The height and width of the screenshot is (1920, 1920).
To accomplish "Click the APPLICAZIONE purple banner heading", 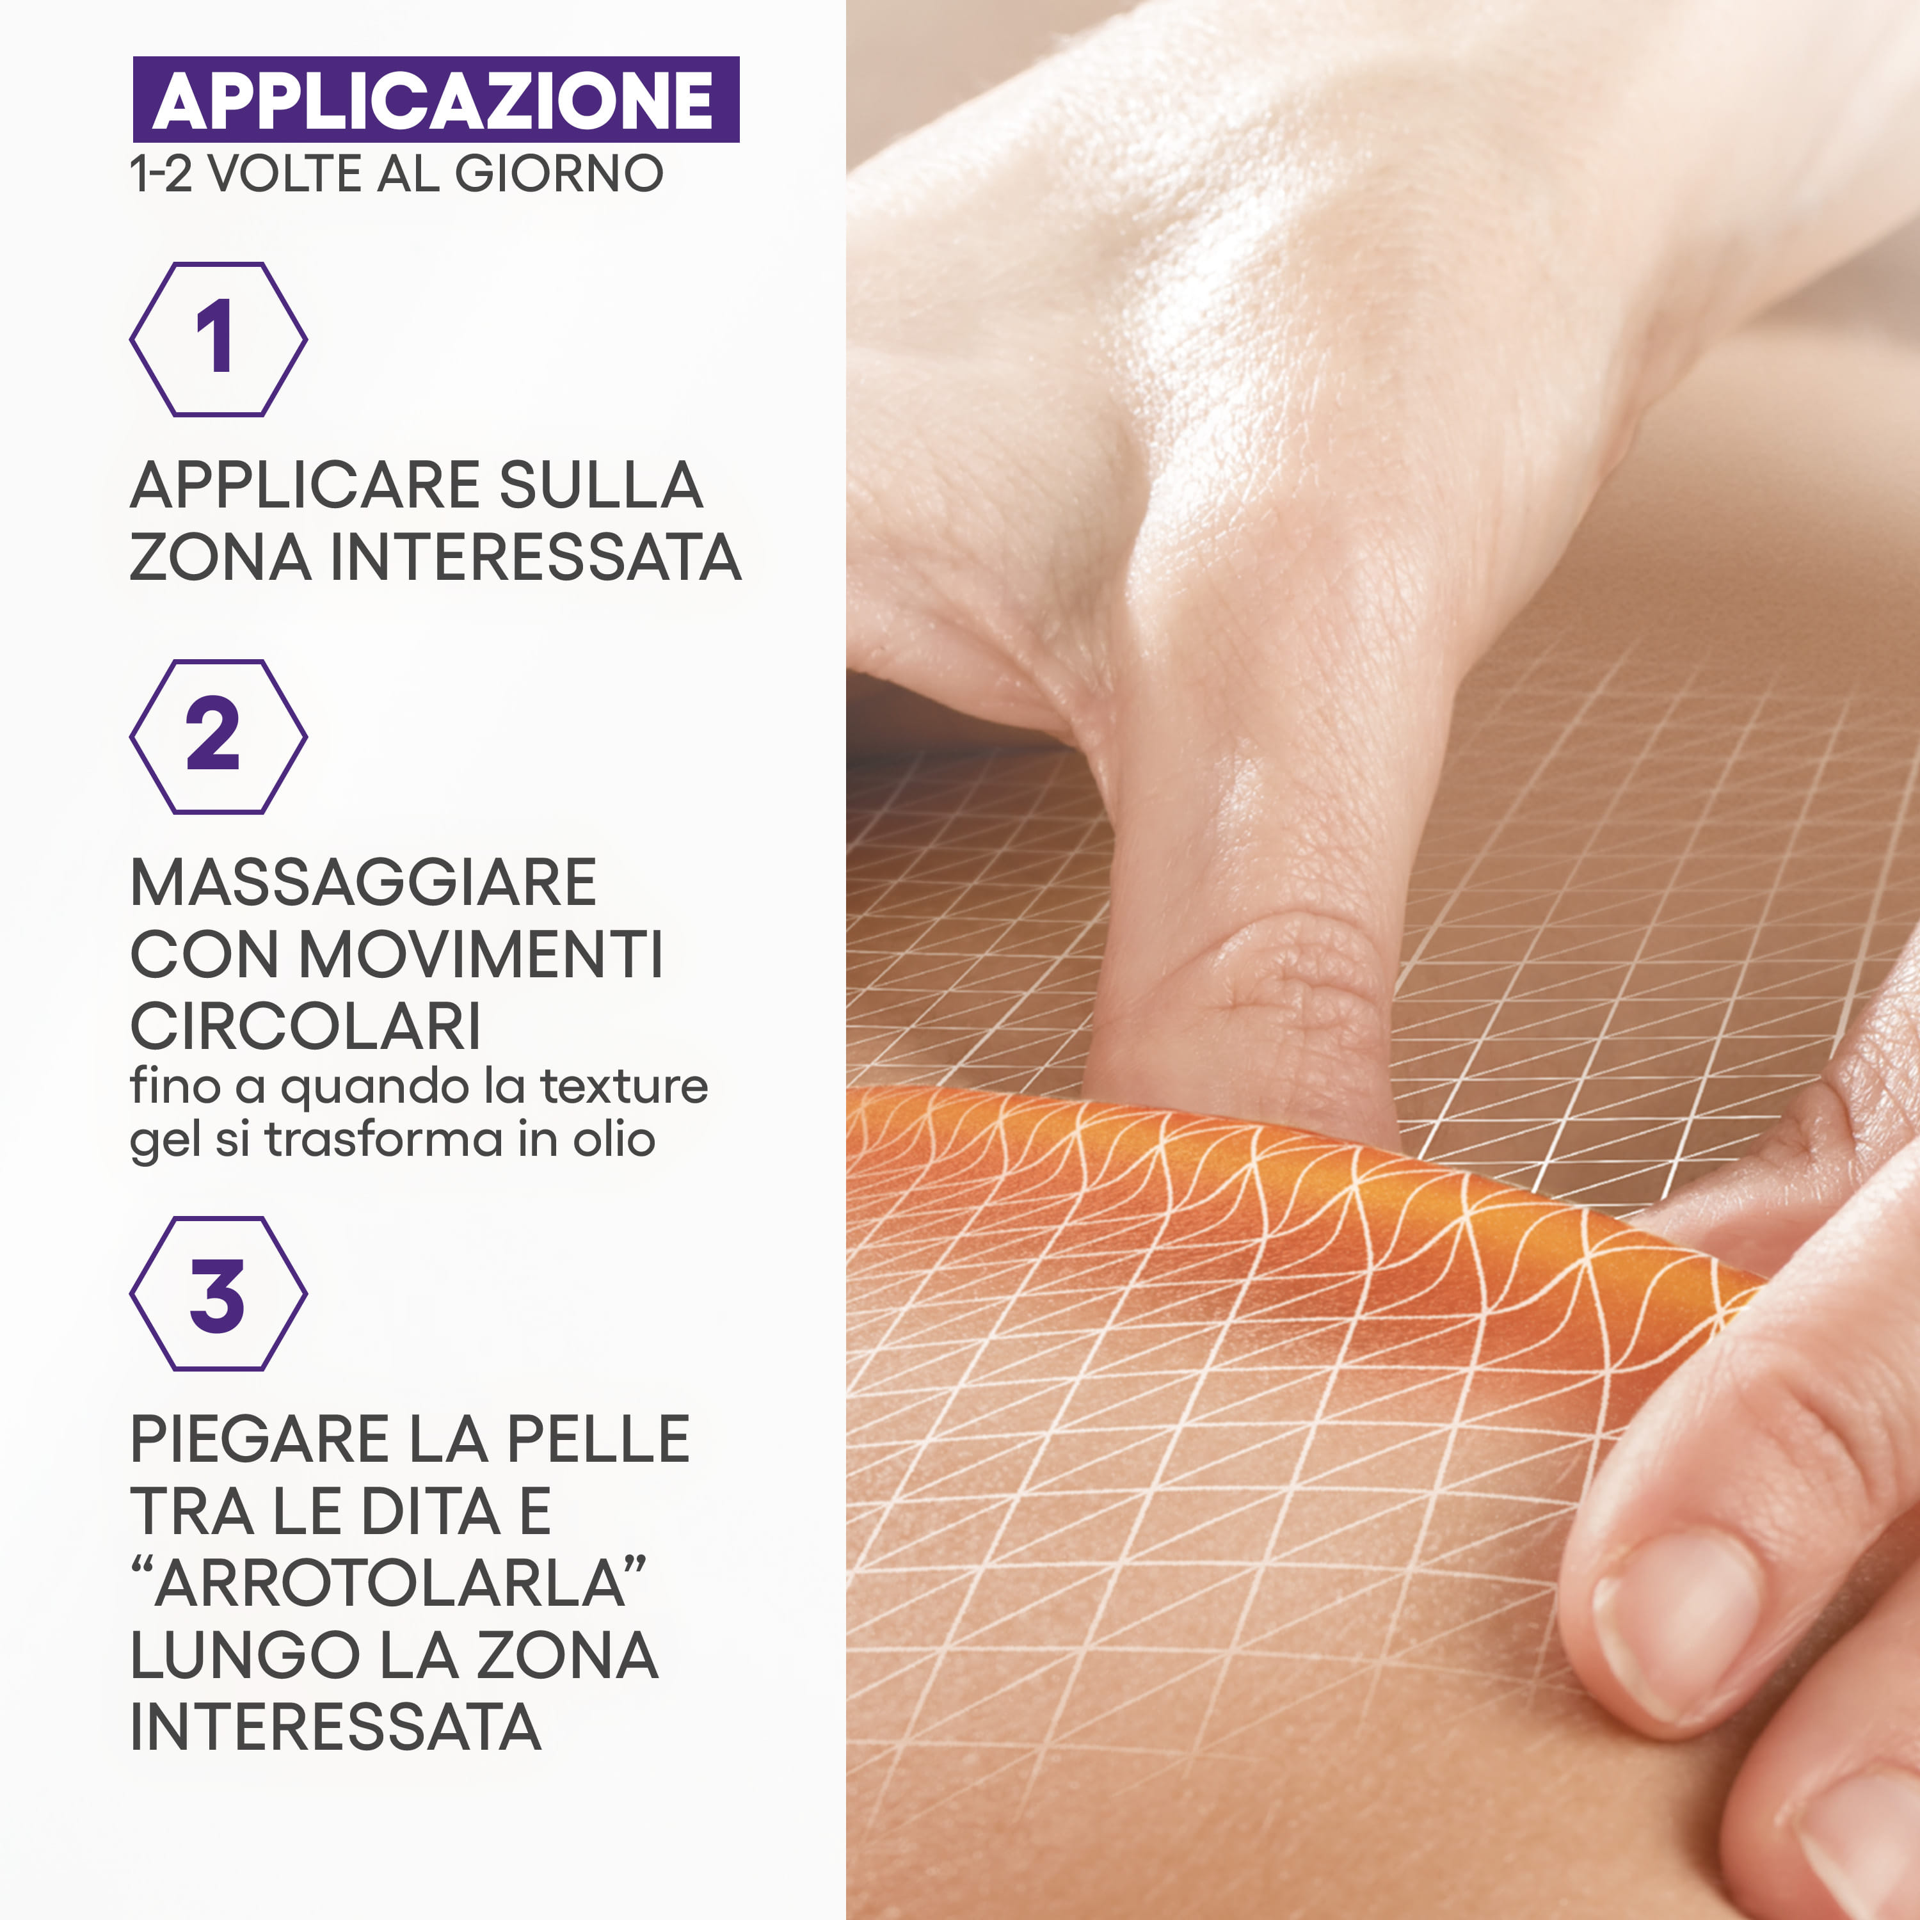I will (x=435, y=99).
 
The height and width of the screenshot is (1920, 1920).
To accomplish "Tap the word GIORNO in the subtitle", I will (x=559, y=174).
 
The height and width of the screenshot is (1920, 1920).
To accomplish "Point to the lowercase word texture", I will (x=623, y=1085).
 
